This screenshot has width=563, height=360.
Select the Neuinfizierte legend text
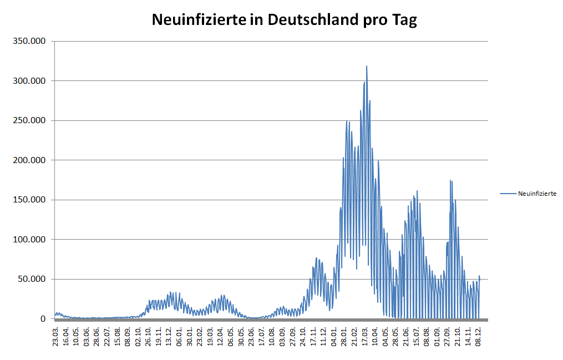(x=537, y=194)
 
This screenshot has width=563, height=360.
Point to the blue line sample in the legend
(x=508, y=194)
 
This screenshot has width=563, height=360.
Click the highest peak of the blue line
(x=367, y=67)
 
